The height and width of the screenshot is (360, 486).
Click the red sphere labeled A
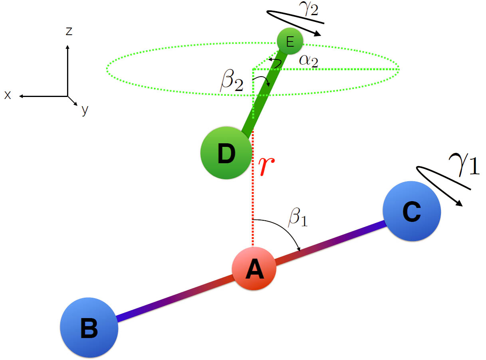tap(254, 269)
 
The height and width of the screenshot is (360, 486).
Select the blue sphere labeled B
tap(89, 327)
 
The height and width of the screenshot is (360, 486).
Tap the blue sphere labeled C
tap(412, 212)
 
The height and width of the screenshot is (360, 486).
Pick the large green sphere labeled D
tap(226, 152)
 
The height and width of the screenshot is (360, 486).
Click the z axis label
tap(69, 31)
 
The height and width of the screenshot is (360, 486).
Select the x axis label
tap(8, 95)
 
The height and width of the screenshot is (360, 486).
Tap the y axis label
tap(84, 110)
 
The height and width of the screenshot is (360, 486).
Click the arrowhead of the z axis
tap(67, 47)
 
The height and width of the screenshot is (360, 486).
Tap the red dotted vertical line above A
tap(253, 192)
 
